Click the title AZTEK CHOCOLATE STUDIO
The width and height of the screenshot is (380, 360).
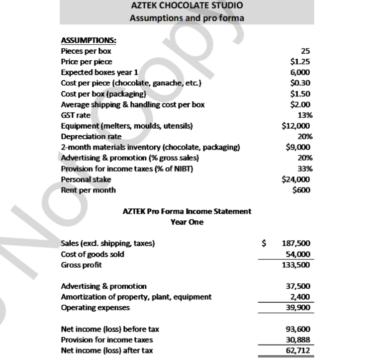click(x=187, y=6)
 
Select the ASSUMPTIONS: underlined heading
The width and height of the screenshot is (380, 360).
click(x=85, y=41)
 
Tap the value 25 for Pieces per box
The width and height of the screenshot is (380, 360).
click(x=306, y=51)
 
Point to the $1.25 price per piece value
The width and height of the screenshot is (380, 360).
click(x=300, y=62)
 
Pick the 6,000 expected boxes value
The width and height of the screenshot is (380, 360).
click(x=301, y=72)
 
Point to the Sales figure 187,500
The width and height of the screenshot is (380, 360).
click(x=296, y=243)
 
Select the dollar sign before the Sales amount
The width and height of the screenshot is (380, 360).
click(x=265, y=243)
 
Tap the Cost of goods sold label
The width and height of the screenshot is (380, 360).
click(x=92, y=254)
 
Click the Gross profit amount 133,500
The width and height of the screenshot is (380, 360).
click(x=296, y=265)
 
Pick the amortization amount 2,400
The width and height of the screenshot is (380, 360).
click(x=300, y=297)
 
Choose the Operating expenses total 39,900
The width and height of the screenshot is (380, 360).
click(x=298, y=307)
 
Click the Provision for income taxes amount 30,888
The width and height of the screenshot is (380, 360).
click(x=298, y=340)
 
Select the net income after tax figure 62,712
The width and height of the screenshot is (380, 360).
click(x=298, y=351)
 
